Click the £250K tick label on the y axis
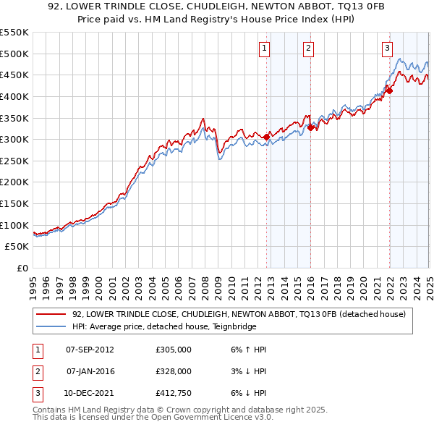click(x=14, y=161)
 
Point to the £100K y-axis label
click(x=14, y=225)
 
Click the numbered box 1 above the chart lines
click(x=264, y=48)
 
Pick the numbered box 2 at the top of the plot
click(x=308, y=48)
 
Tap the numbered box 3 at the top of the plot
click(x=387, y=48)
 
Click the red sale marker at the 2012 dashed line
click(x=266, y=137)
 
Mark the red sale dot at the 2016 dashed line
click(x=310, y=127)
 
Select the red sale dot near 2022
click(x=389, y=90)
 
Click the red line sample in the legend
click(x=51, y=314)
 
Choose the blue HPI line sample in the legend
click(x=51, y=326)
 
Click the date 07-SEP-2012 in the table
click(x=90, y=350)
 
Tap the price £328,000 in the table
click(x=174, y=371)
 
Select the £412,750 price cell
click(x=174, y=393)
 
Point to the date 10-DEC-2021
click(x=90, y=393)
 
